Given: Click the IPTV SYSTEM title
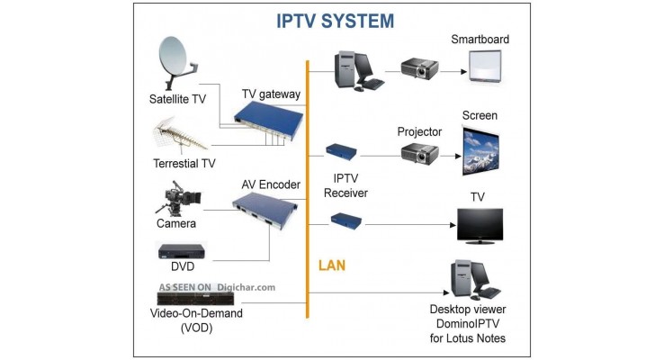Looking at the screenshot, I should pos(335,20).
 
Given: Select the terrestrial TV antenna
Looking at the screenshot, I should pos(184,136).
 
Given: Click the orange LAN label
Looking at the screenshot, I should pos(331,266).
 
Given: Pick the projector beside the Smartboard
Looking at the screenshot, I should pos(419,68).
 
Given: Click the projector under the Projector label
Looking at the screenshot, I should pos(419,153).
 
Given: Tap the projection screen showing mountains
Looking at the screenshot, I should pos(480,150).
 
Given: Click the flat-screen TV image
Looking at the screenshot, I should pos(480,225).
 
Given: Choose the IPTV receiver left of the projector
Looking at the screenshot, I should pos(343,151).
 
